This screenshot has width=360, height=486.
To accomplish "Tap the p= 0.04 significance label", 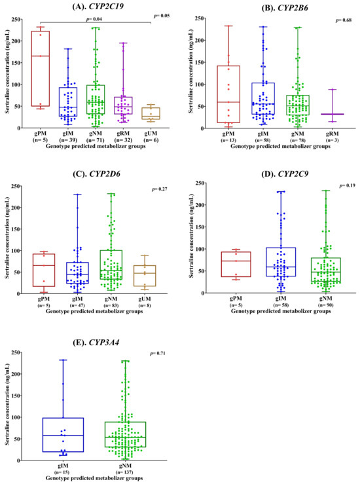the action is click(94, 19).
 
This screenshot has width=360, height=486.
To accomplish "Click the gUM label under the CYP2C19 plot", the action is click(151, 134).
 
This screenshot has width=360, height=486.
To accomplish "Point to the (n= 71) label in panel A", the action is click(96, 140).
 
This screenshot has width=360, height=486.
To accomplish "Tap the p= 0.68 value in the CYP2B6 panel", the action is click(344, 20).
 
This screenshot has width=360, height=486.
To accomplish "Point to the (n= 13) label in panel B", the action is click(228, 140).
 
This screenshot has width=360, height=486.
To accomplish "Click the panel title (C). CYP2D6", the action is click(96, 174).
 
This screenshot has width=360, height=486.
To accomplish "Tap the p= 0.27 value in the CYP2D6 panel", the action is click(159, 189).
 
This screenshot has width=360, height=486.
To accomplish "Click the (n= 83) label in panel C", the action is click(111, 305).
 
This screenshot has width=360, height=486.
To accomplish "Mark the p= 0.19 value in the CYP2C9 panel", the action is click(347, 185).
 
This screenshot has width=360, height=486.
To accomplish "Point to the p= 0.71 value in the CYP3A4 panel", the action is click(157, 353).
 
